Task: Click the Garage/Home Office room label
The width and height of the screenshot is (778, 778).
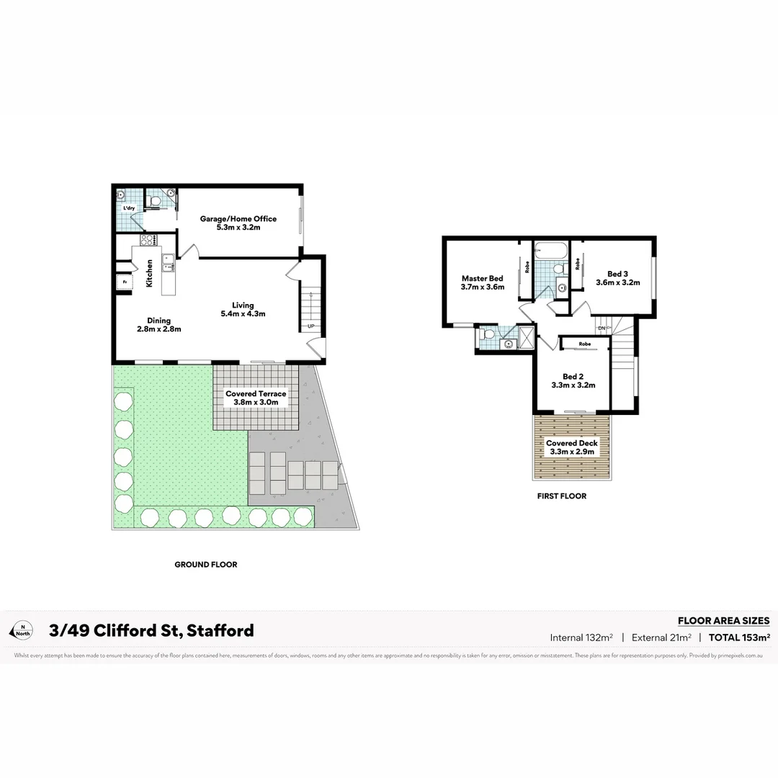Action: click(x=238, y=219)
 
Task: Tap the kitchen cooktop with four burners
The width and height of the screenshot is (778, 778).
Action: click(x=148, y=240)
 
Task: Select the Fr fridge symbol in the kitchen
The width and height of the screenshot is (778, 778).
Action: click(x=124, y=282)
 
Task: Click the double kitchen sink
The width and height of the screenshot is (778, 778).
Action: click(x=168, y=264)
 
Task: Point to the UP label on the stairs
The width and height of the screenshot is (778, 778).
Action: click(x=311, y=326)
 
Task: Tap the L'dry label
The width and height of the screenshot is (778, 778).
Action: click(x=129, y=208)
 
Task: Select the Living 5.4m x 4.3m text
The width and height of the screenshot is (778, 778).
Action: click(x=243, y=309)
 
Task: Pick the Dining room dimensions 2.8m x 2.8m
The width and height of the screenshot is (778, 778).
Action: click(x=159, y=329)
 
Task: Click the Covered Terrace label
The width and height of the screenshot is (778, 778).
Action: click(x=256, y=394)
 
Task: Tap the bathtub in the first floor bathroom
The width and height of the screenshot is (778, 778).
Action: click(x=551, y=251)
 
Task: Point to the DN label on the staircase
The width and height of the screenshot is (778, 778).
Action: click(x=601, y=328)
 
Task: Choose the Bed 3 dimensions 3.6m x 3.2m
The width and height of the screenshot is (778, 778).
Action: click(x=618, y=282)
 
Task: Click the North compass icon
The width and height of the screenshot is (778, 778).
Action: click(x=22, y=630)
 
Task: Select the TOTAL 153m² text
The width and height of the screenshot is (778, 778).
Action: click(x=740, y=637)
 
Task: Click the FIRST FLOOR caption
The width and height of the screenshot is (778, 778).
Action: click(x=562, y=496)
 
